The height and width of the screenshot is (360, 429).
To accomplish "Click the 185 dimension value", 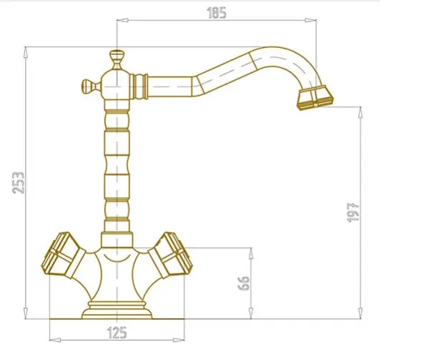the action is (x=217, y=13).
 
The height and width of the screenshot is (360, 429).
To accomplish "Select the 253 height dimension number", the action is (x=19, y=183).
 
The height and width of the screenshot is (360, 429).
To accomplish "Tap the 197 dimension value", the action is (x=353, y=212).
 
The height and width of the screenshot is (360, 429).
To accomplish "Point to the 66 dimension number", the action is (x=244, y=283).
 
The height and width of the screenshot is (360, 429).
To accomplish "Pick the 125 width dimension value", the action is (x=117, y=332).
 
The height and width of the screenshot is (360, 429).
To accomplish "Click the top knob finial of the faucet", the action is (x=117, y=59).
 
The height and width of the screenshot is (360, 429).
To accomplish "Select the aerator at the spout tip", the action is (x=315, y=98).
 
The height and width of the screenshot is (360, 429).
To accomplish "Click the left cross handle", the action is (x=63, y=255).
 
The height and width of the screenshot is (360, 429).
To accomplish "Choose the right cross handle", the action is (x=170, y=255).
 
